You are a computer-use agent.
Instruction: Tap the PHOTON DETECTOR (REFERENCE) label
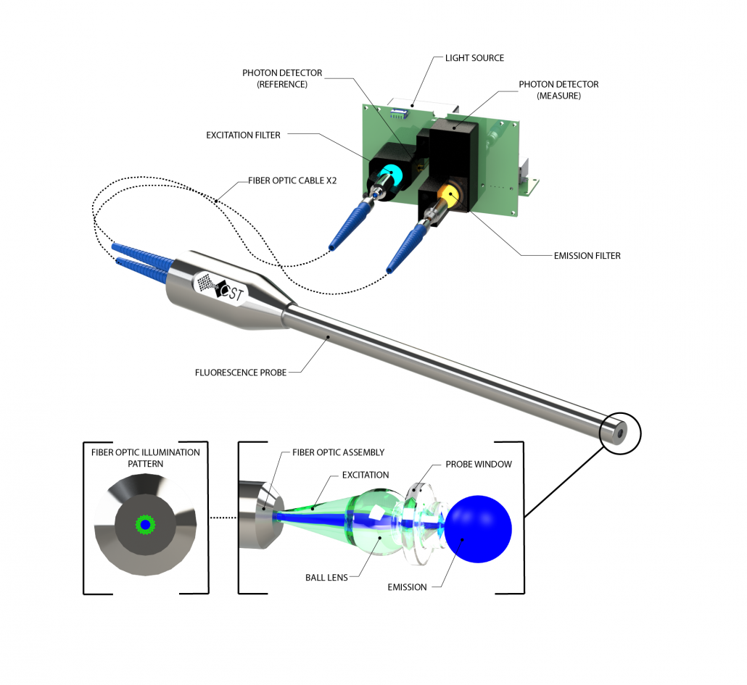click(282, 78)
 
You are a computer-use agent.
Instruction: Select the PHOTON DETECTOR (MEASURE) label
click(558, 90)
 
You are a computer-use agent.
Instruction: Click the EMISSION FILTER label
click(585, 255)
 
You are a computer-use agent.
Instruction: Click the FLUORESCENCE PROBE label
click(241, 373)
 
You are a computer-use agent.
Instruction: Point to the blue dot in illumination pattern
click(145, 524)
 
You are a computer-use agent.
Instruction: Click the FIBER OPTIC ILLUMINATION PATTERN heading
click(145, 457)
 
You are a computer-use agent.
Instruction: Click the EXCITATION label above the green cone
click(365, 475)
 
